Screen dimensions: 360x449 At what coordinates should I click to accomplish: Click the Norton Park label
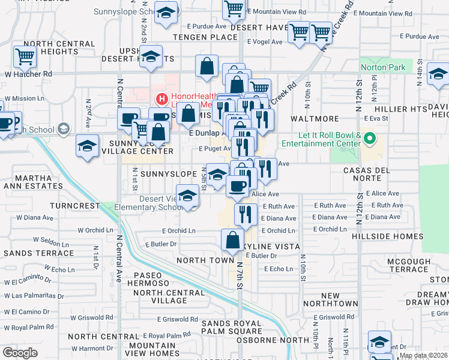(x=383, y=68)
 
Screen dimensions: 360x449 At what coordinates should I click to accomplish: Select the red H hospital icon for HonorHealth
(x=161, y=99)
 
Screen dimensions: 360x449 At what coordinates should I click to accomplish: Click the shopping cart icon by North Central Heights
(x=25, y=57)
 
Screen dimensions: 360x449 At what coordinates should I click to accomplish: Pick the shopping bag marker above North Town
(x=232, y=240)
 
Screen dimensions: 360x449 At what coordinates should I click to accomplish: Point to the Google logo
(x=20, y=353)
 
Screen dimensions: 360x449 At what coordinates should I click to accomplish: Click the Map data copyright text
(x=423, y=355)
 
